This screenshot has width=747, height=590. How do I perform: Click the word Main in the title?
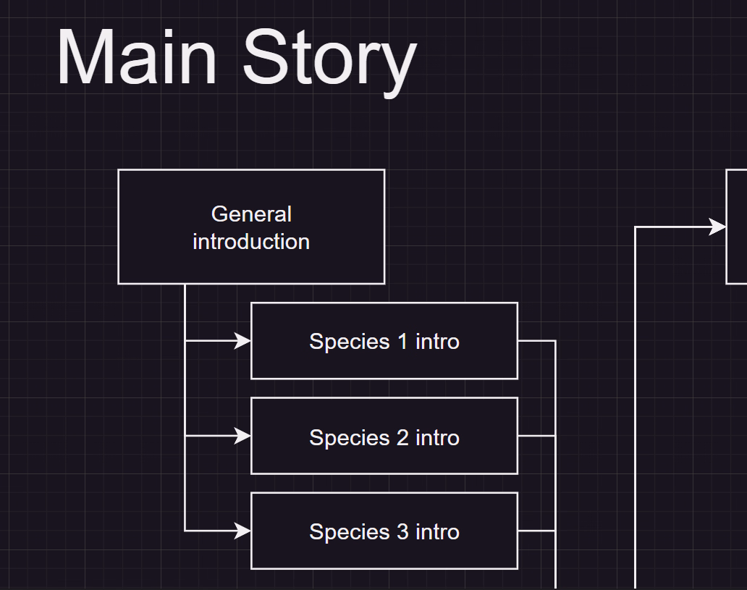coord(138,56)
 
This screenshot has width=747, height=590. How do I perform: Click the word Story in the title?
coord(330,62)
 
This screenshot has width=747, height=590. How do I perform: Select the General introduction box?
coord(251,227)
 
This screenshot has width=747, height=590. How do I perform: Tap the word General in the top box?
coord(251,214)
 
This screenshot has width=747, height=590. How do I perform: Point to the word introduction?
coord(251,242)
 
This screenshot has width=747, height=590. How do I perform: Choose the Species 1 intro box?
coord(384,341)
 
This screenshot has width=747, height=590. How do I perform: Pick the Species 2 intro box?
coord(384,436)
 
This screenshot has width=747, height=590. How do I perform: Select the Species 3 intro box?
coord(384,531)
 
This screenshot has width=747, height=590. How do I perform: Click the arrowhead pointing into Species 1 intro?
coord(242,341)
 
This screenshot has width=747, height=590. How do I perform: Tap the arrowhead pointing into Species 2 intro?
coord(242,436)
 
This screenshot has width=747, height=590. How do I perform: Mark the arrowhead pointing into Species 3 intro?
coord(242,531)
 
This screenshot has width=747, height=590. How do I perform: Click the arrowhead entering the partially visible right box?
coord(717,227)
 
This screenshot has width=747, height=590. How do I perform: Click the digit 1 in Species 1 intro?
coord(402,341)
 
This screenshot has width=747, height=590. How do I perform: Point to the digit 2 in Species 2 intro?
coord(402,437)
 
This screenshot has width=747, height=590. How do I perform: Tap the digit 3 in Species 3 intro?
coord(402,532)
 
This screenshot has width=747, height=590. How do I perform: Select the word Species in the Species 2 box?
coord(350,439)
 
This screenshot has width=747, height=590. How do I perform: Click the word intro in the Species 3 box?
coord(437,532)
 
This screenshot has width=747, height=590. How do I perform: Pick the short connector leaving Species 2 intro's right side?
coord(536,436)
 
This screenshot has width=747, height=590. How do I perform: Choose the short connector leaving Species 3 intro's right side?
coord(536,531)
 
